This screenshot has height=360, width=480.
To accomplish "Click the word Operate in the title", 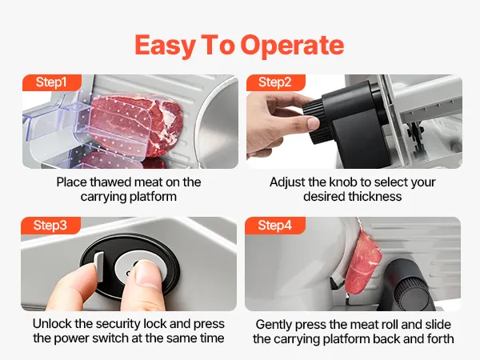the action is click(292, 46).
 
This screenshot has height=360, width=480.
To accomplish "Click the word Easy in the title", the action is click(165, 46).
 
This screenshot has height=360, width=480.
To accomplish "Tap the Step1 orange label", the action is click(51, 82).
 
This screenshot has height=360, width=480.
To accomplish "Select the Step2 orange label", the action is click(275, 82).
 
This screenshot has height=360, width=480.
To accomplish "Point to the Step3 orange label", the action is click(50, 226).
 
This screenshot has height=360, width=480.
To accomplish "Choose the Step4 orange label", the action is click(274, 226).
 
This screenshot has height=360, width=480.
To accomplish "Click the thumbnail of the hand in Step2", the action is click(313, 123).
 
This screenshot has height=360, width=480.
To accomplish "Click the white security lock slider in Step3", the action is click(99, 266).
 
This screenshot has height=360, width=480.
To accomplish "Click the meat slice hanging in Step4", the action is click(362, 264).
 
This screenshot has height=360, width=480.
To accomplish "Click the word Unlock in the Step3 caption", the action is click(52, 324).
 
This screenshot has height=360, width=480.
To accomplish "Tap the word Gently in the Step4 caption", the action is click(274, 325).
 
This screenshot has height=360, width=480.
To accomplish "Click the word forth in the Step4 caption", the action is click(439, 339).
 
